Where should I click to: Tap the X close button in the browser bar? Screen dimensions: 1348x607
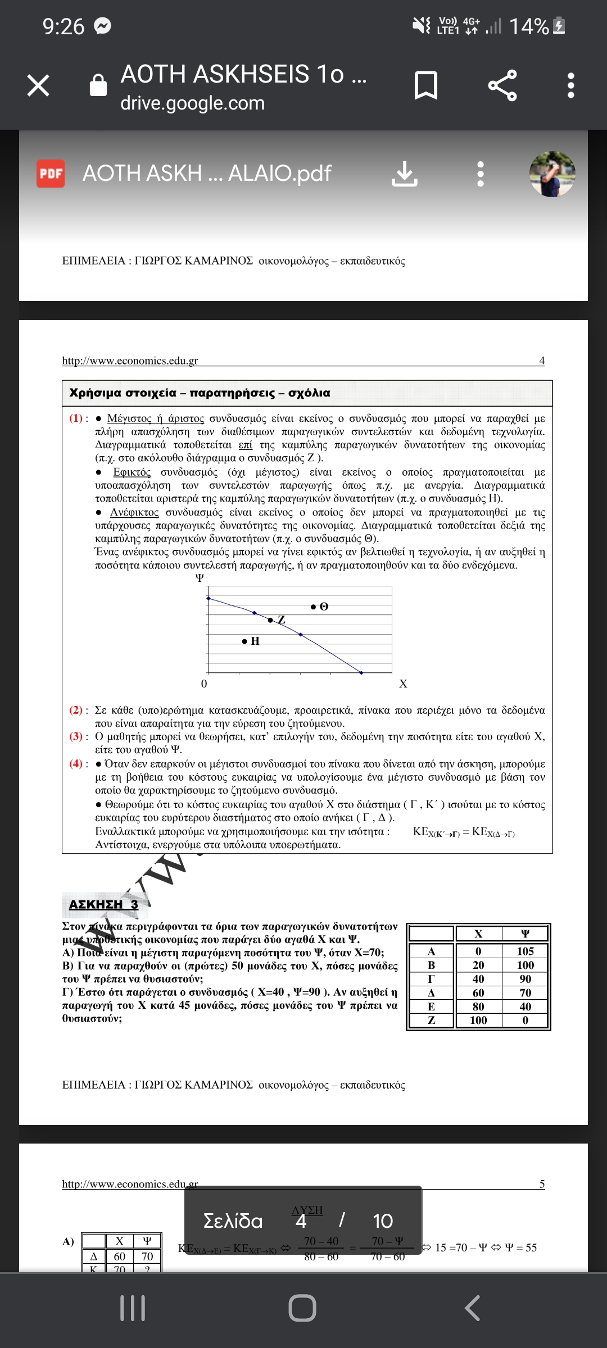pos(38,85)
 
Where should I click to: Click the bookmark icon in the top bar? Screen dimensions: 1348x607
pos(425,85)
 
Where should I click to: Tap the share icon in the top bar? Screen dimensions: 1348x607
pos(502,85)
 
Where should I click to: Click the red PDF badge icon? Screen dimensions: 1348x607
pos(51,174)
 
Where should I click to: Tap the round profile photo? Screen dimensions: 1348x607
pos(552,174)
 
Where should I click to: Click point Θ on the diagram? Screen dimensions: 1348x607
pos(314,607)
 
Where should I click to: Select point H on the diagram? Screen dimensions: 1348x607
pos(244,641)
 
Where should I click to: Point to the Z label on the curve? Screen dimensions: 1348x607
pos(281,620)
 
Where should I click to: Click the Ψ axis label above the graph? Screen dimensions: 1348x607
pos(200,578)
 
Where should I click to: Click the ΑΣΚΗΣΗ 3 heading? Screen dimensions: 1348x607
pos(103,904)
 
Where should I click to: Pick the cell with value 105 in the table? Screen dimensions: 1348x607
pos(525,951)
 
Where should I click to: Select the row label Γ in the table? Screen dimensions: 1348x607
pos(431,978)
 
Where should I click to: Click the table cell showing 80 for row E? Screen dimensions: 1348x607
pos(478,1006)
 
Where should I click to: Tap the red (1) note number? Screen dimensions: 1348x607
pos(76,418)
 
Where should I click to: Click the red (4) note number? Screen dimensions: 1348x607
pos(76,764)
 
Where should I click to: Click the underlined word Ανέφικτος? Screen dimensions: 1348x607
pos(134,512)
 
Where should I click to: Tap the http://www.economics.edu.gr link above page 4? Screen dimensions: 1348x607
pos(130,361)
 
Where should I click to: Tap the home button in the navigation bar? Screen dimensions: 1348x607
pos(302,1308)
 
